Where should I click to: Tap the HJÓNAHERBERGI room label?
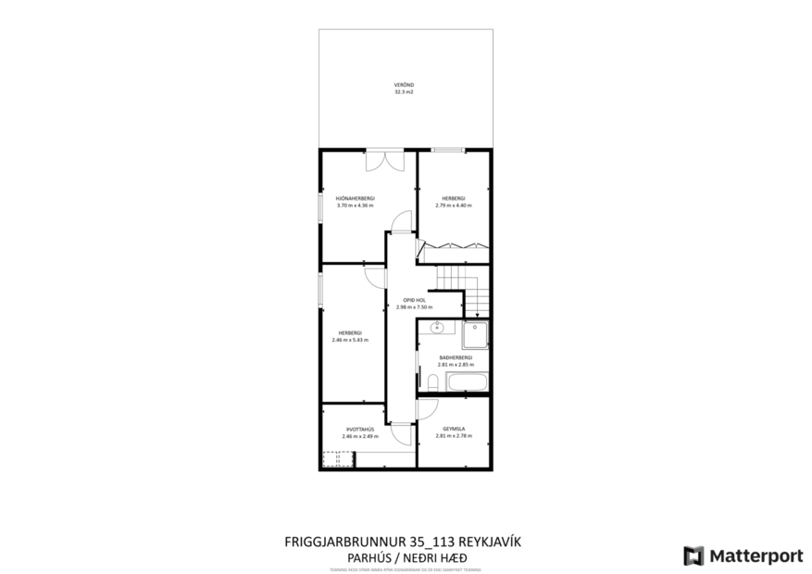pyautogui.click(x=355, y=198)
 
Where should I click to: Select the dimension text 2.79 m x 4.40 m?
pyautogui.click(x=453, y=205)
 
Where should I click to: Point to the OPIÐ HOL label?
pyautogui.click(x=414, y=300)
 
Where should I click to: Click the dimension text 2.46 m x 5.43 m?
pyautogui.click(x=349, y=340)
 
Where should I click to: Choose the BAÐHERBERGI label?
pyautogui.click(x=455, y=357)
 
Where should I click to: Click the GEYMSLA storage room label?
pyautogui.click(x=454, y=429)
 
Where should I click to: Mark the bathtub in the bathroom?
pyautogui.click(x=467, y=381)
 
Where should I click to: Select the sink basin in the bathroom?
pyautogui.click(x=436, y=329)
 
